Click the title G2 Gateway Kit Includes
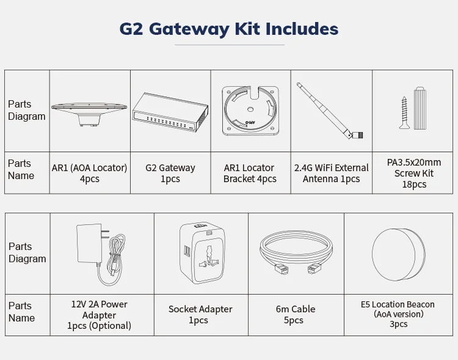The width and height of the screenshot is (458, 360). pos(228,29)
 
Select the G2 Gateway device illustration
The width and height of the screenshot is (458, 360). pos(170,112)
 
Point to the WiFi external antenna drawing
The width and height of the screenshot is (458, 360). pos(330,110)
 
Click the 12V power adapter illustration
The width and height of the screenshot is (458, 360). pos(102,252)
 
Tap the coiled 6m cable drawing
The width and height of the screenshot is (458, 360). pos(296,252)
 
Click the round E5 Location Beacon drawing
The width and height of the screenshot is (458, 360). pos(398,252)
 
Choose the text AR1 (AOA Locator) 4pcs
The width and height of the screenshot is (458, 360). pos(89,174)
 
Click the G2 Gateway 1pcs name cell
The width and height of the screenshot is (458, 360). pos(170,174)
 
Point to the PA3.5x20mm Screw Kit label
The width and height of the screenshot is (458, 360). pos(414,173)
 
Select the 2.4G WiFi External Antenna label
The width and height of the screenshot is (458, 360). pos(331,174)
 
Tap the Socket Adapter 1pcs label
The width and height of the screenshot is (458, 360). pos(200,315)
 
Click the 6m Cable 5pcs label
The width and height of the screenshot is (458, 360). pos(296,315)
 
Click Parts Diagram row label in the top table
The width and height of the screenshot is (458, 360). pos(27,110)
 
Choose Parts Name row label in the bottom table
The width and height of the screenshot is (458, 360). pos(22,312)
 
